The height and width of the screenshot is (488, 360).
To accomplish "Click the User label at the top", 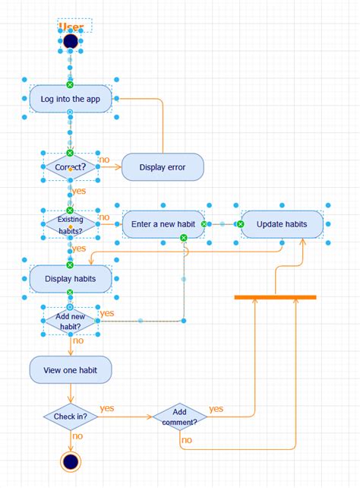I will (71, 27).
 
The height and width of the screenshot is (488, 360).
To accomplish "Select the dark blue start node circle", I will (71, 41).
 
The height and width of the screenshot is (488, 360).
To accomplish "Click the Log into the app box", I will (71, 98).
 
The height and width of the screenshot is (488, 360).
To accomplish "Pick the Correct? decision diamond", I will (71, 166).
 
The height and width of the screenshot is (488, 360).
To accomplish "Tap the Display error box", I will (163, 167).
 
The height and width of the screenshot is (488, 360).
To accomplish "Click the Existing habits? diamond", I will (71, 225).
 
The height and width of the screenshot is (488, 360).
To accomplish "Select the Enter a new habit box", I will (163, 224).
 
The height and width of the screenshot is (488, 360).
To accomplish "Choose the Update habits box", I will (282, 224).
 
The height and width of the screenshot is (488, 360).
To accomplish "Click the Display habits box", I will (71, 279).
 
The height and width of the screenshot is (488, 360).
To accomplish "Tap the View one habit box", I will (71, 370).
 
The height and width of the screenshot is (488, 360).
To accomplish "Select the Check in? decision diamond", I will (71, 417).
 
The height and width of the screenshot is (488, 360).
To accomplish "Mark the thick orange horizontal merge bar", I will (275, 296).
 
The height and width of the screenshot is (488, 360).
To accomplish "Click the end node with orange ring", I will (71, 461).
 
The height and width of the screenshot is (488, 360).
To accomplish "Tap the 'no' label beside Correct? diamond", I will (104, 160).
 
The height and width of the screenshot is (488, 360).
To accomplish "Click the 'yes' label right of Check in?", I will (106, 408).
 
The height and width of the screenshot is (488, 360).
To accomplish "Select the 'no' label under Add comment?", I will (187, 439).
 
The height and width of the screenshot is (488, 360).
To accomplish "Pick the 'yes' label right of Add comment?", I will (216, 409).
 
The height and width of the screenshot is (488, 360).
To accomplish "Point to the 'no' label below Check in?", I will (77, 436).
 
